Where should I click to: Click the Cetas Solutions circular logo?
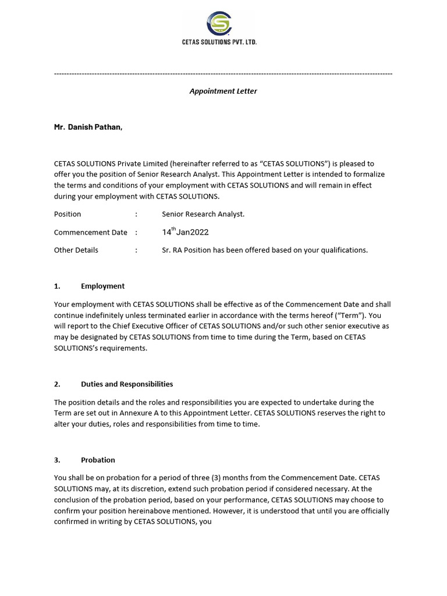coord(219,24)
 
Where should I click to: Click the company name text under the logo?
coord(219,42)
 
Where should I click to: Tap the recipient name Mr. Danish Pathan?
coord(88,127)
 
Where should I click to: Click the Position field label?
coord(68,214)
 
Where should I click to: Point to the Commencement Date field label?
coord(90,232)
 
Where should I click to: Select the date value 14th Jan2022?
coord(185,232)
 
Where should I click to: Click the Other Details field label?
coord(76,250)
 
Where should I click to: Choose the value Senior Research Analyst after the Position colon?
coord(203,214)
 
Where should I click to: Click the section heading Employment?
coord(103,286)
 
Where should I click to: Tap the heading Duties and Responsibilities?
coord(127,384)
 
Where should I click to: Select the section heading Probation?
coord(98,460)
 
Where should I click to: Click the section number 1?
coord(57,286)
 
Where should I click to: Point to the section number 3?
coord(57,460)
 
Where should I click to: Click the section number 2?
coord(57,384)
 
